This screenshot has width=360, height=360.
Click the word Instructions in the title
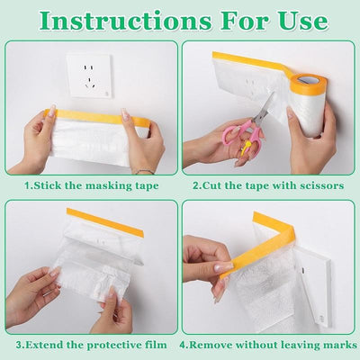[x=125, y=21]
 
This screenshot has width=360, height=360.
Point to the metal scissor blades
[x=264, y=108]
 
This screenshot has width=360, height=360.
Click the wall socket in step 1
[x=88, y=76]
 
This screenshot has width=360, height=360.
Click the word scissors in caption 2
[x=321, y=185]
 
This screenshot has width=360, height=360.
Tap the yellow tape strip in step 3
[x=105, y=222]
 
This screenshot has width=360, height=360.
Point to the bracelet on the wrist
[x=144, y=172]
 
